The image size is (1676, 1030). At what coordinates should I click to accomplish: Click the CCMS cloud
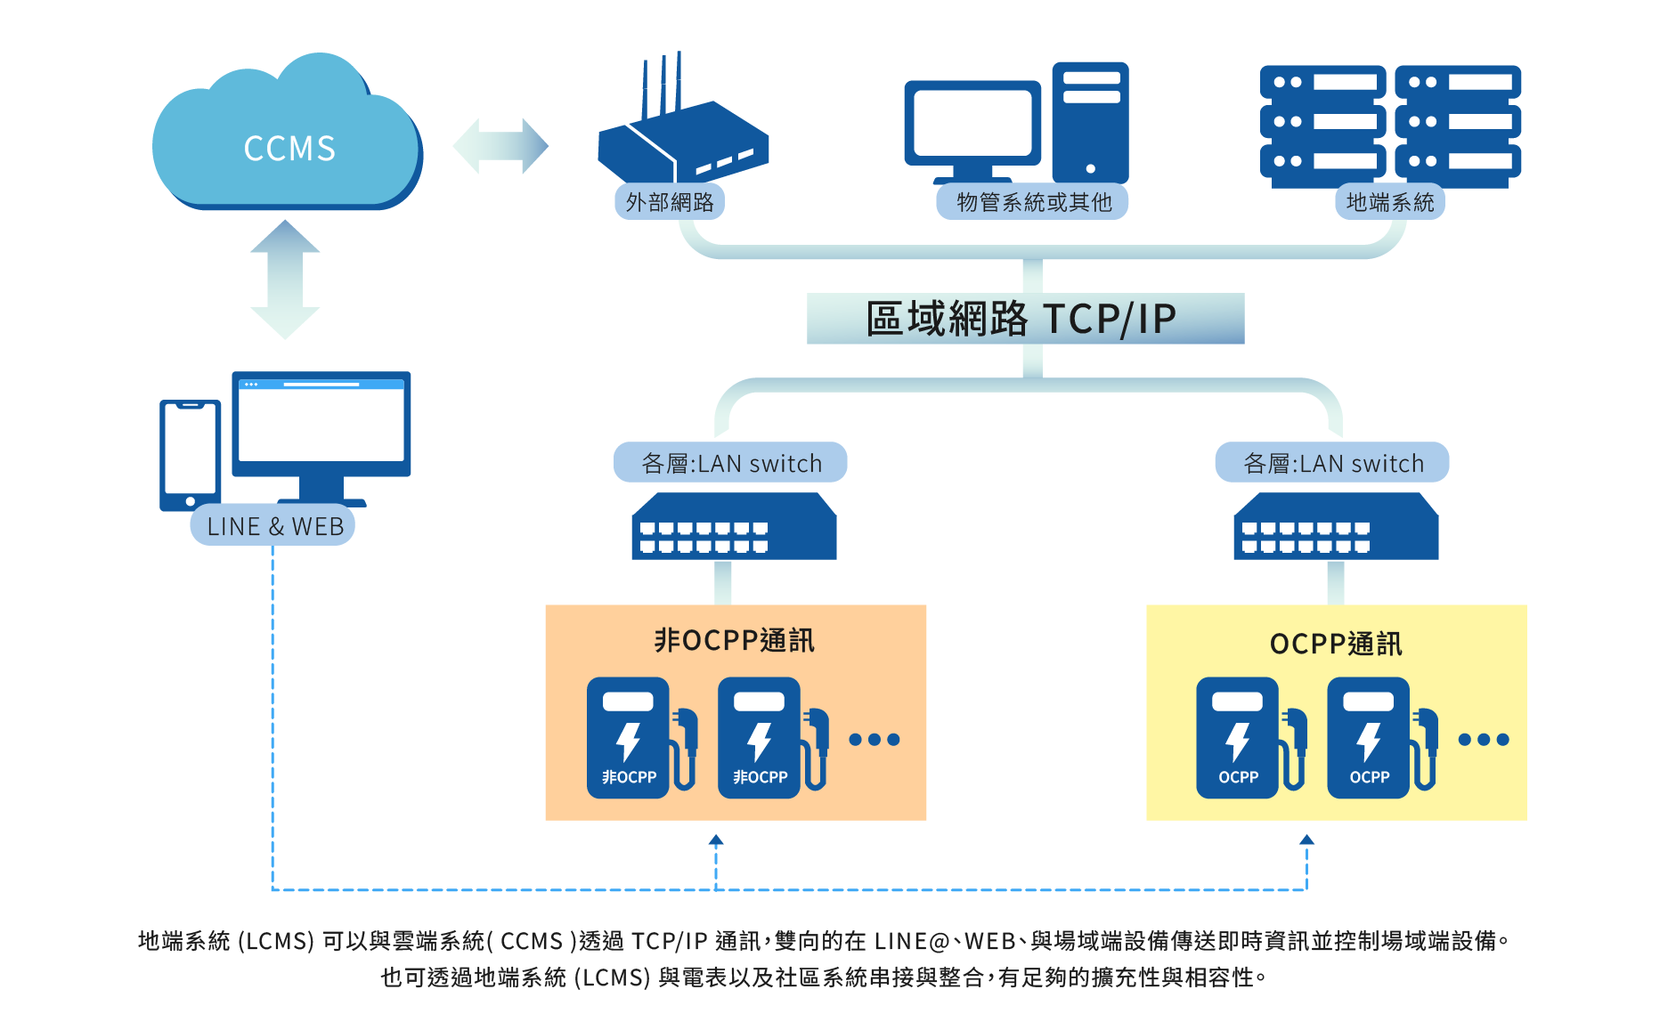click(x=287, y=134)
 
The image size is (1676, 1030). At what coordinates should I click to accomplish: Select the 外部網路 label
click(x=670, y=202)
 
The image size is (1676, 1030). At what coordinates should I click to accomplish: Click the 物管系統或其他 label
click(x=1033, y=202)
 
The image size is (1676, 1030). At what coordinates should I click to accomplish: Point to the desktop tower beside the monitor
click(x=1090, y=122)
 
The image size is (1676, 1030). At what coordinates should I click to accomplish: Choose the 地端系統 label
click(x=1389, y=202)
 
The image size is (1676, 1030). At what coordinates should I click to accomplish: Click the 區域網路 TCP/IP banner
click(x=1025, y=319)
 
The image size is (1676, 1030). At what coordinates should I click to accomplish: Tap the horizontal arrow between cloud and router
click(x=500, y=146)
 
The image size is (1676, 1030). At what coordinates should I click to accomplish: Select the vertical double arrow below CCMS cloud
click(x=285, y=280)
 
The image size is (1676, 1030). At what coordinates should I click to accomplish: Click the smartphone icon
click(x=190, y=455)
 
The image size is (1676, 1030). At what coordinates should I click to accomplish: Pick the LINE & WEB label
click(x=273, y=526)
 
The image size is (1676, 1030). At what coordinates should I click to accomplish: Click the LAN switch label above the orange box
click(x=730, y=463)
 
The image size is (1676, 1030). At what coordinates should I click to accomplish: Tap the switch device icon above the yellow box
click(x=1336, y=526)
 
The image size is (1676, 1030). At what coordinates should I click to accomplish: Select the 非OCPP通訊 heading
click(x=735, y=640)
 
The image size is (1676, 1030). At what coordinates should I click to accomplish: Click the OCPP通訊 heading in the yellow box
click(x=1336, y=644)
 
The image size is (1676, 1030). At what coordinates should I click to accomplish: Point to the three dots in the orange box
click(x=875, y=739)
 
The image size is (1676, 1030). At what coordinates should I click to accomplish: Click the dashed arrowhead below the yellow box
click(x=1306, y=839)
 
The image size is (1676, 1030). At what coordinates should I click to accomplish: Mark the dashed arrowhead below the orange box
click(x=716, y=839)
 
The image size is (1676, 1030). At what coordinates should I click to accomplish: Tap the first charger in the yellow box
click(x=1251, y=738)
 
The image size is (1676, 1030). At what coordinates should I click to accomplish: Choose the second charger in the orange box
click(x=773, y=738)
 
